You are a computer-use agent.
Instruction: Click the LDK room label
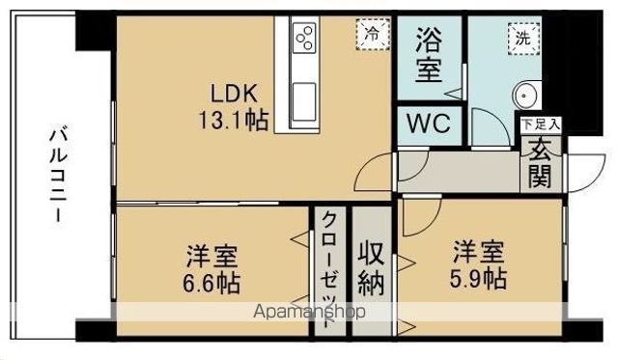(234, 95)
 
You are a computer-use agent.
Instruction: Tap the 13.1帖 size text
(234, 120)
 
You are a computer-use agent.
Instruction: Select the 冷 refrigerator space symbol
(373, 35)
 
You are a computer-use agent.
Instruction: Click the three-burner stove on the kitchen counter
(305, 37)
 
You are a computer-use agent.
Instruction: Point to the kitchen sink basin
(304, 101)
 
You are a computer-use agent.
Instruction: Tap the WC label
(429, 124)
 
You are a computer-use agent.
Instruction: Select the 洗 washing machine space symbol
(523, 39)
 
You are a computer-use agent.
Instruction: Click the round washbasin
(525, 95)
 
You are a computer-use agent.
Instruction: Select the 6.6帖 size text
(211, 282)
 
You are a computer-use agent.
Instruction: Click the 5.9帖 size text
(479, 279)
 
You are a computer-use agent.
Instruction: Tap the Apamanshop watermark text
(309, 312)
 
